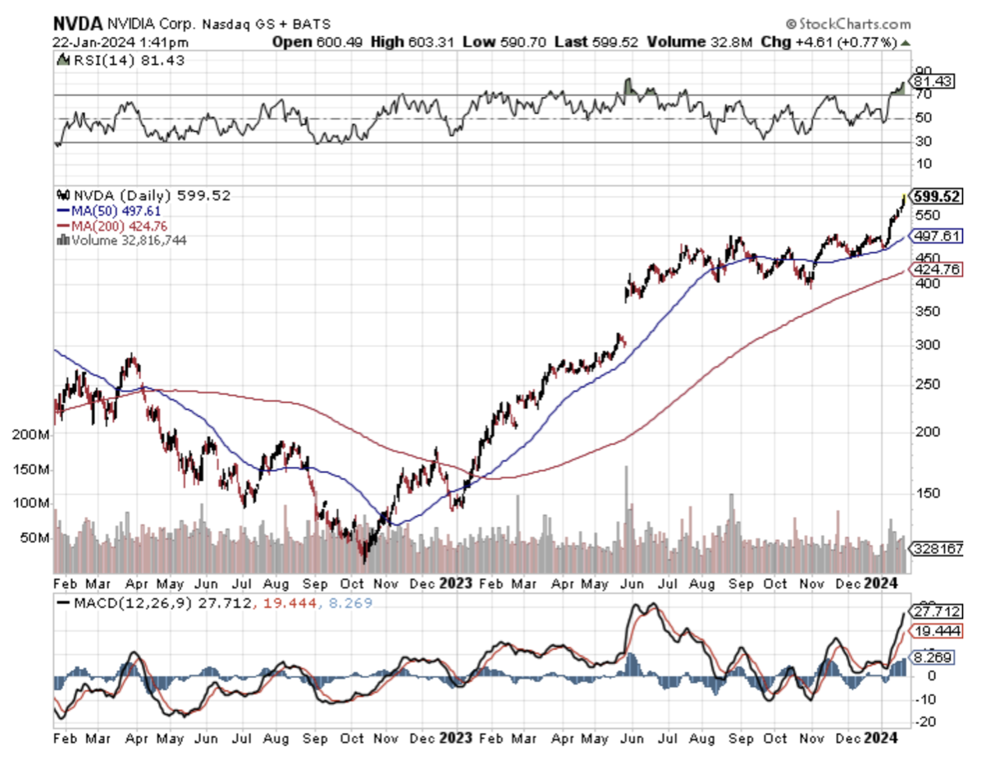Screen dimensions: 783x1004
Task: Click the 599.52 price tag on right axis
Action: coord(938,197)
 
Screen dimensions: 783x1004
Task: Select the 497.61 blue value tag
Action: coord(938,236)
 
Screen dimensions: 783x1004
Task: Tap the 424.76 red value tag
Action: coord(938,270)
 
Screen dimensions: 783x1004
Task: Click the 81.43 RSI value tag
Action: coord(937,82)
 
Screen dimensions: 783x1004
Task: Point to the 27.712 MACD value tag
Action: coord(938,611)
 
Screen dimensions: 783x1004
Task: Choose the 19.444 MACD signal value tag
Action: coord(938,631)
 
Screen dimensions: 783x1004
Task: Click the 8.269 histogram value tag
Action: coord(934,657)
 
